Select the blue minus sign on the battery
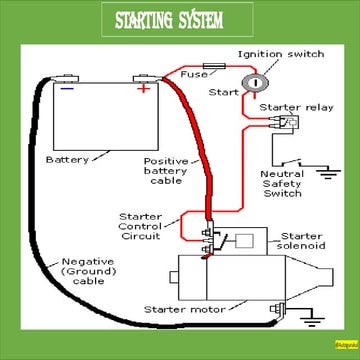(66, 87)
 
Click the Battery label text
(67, 158)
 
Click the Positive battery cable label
(165, 170)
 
